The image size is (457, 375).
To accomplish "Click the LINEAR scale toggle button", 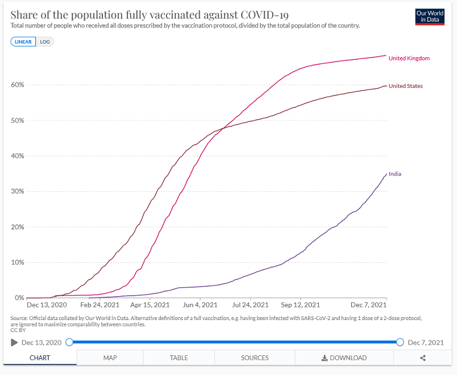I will pos(23,42).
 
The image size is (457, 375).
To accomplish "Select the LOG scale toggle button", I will pos(45,42).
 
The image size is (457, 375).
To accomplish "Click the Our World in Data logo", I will pos(430,16).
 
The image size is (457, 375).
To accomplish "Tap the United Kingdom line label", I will pos(409,59).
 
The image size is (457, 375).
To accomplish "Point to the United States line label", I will pos(406,86).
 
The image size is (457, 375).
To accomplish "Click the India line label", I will pos(395,174).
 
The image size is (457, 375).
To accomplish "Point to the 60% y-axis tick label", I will pos(17,85).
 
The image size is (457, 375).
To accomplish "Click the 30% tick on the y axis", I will pos(17,191).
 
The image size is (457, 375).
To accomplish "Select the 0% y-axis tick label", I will pos(19,297).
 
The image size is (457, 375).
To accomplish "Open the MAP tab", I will pos(110,358).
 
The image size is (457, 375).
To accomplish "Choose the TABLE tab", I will pos(179,358).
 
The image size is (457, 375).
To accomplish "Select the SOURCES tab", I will pos(255,358).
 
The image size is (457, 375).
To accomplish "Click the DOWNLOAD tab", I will pos(344,358).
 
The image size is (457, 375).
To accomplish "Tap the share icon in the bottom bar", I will pos(423,358).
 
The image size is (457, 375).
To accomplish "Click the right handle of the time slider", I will pos(400,342).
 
